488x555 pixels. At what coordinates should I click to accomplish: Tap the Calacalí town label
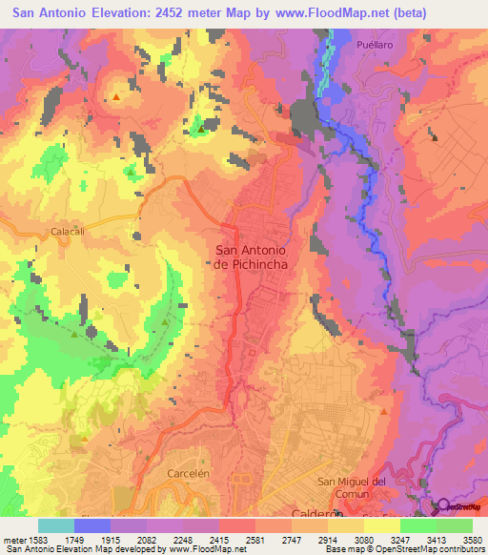[68, 231]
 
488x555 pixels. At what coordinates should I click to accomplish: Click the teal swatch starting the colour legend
[56, 525]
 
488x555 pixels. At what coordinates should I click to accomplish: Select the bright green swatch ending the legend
[455, 525]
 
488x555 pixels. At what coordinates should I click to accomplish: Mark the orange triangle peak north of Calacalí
[116, 96]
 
